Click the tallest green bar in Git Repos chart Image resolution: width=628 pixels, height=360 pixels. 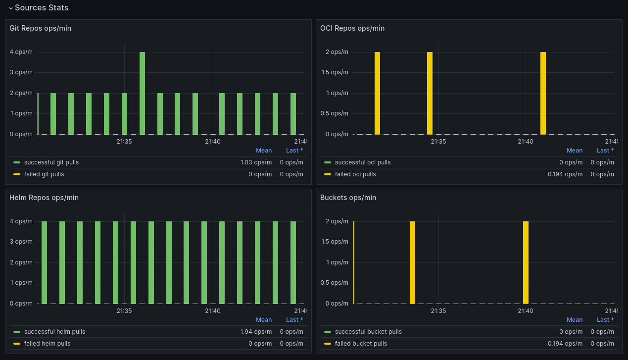tap(142, 93)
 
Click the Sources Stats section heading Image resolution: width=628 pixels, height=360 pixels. tap(42, 8)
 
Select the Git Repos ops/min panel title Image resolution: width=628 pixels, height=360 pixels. tap(40, 28)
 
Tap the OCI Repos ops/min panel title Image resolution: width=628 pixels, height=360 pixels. tap(352, 28)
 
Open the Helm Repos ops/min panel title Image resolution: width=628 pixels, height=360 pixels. tap(43, 198)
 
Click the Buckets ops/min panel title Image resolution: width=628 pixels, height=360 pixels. tap(348, 198)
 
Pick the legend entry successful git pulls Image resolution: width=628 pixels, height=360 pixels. tap(51, 162)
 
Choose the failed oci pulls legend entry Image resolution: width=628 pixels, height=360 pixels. tap(355, 174)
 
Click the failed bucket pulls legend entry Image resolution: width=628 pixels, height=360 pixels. tap(361, 344)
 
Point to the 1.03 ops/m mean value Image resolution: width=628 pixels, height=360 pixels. tap(256, 162)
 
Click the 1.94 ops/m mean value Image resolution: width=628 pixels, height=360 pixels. tap(256, 332)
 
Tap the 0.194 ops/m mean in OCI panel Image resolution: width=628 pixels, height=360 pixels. tap(565, 174)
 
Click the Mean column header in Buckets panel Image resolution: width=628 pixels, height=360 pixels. tap(574, 320)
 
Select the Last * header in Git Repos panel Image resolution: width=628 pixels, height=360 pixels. tap(294, 151)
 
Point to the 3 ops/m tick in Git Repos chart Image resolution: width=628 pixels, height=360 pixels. tap(21, 72)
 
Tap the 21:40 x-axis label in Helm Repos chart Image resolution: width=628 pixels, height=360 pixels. tap(213, 311)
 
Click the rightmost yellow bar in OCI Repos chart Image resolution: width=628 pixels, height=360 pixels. tap(543, 93)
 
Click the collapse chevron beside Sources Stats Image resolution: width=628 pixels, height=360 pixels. tap(10, 8)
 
